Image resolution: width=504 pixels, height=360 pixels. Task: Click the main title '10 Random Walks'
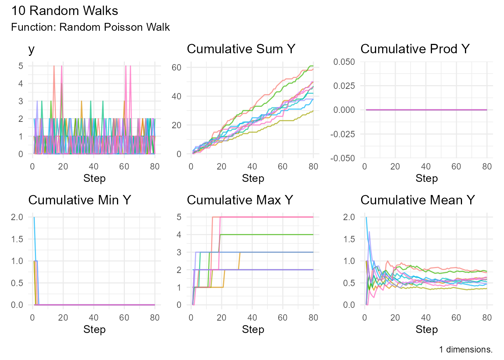[64, 10]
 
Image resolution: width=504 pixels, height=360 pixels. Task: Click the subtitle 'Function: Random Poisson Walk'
[90, 27]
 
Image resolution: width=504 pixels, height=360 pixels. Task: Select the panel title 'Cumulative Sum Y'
[241, 49]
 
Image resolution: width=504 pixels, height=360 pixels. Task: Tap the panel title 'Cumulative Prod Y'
[415, 49]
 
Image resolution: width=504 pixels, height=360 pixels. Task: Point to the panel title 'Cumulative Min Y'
[79, 200]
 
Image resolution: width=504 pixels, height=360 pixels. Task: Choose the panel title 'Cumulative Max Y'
[240, 200]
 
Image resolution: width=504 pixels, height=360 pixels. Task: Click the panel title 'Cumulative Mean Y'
[417, 200]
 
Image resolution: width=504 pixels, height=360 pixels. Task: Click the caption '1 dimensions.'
[466, 349]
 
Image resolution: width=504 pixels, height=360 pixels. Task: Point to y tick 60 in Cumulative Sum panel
[176, 67]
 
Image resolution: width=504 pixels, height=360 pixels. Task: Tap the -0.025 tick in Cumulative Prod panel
[342, 134]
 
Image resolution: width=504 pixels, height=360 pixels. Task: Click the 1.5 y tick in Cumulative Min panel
[17, 239]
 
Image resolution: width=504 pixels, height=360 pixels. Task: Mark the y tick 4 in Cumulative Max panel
[179, 235]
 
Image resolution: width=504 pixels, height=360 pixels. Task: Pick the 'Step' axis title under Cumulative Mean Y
[426, 330]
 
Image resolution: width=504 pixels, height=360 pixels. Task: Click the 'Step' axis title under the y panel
[94, 178]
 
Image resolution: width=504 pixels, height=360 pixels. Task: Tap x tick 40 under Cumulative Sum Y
[252, 166]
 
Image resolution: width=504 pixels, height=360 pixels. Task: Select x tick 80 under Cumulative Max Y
[313, 318]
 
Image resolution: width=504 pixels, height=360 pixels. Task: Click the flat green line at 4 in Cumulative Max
[270, 235]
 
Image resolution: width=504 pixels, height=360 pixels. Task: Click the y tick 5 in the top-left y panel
[21, 66]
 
